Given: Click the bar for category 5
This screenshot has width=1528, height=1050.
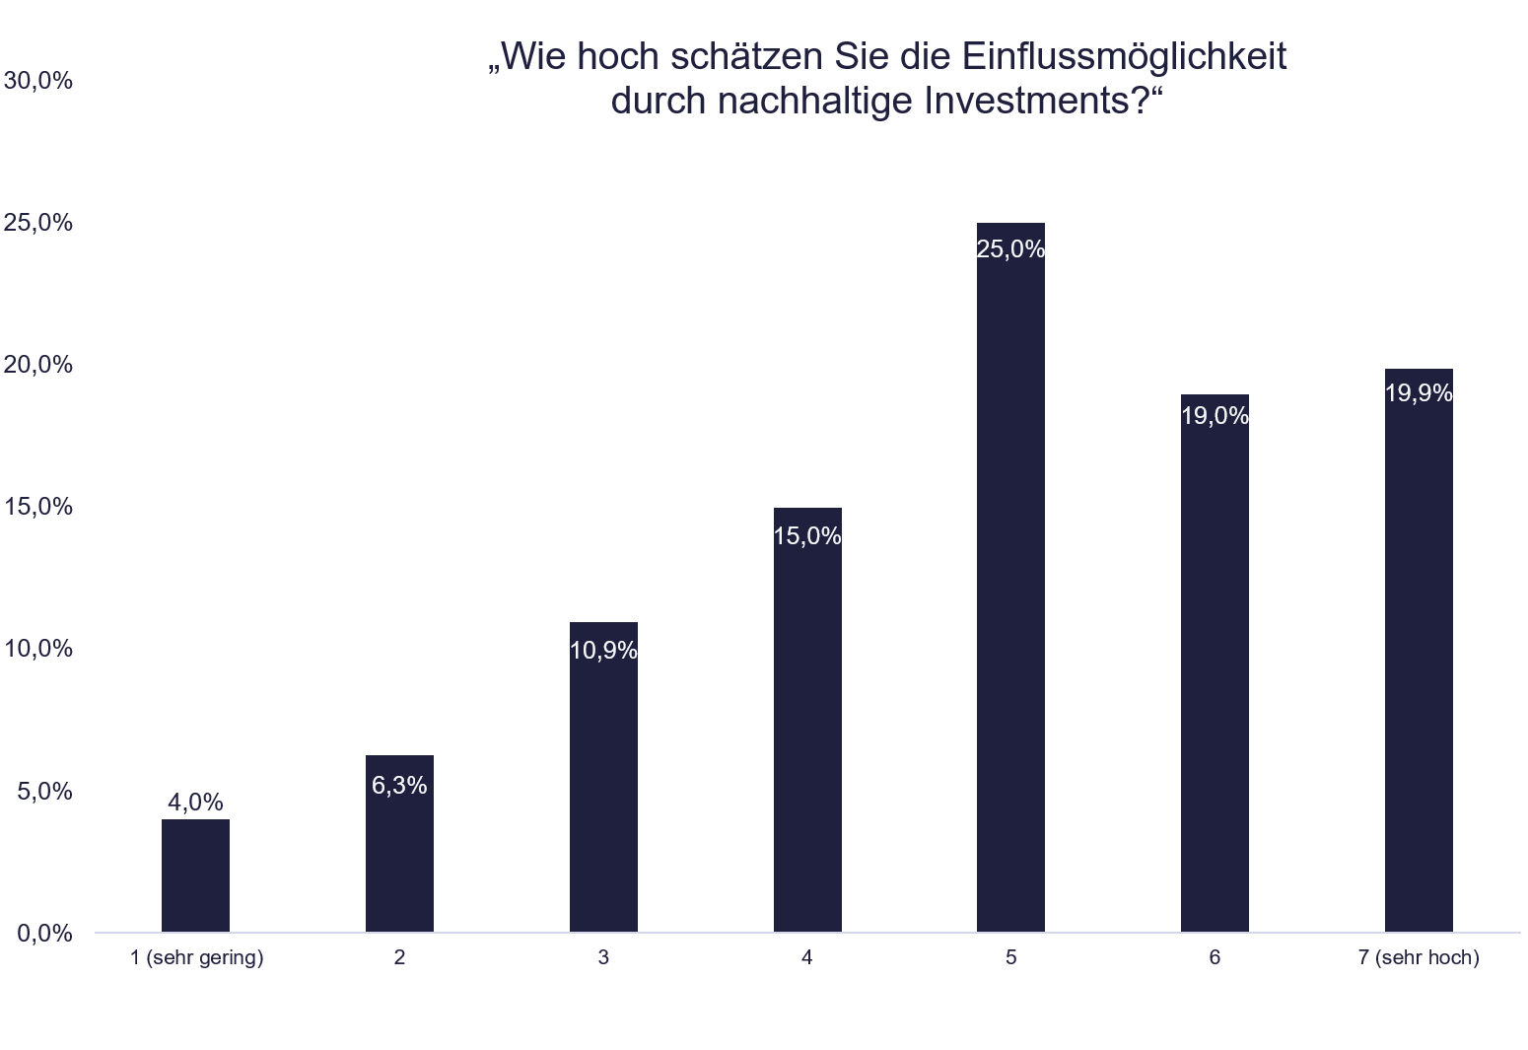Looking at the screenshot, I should click(1010, 592).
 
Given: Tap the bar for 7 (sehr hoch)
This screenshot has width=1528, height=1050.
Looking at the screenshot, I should click(1419, 661).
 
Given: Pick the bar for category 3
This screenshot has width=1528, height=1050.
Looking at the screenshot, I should click(603, 789).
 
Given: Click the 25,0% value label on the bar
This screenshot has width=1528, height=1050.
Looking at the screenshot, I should click(1010, 249).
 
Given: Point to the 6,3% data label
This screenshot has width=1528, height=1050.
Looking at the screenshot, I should click(399, 786).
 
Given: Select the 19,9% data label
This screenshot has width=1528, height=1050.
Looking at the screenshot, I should click(1419, 393).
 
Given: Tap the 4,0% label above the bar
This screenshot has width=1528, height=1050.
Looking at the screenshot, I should click(195, 803).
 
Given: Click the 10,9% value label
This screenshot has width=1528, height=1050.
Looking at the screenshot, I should click(603, 651).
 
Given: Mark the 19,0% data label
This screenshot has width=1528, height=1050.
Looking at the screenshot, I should click(1215, 416).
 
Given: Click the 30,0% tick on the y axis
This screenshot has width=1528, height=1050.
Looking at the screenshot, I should click(38, 81).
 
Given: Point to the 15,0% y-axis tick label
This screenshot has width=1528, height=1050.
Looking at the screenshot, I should click(38, 507).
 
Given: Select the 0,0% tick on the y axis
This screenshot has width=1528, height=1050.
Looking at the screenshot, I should click(44, 933).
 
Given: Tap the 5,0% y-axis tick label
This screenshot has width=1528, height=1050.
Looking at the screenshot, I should click(44, 791).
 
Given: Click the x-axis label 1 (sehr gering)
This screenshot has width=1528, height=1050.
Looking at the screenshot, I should click(197, 957).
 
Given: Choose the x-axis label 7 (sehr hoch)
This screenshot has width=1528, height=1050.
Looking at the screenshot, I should click(1419, 957).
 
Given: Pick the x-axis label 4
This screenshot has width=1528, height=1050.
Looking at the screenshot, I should click(806, 957).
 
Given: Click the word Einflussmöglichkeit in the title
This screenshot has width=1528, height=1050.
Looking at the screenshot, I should click(1125, 57).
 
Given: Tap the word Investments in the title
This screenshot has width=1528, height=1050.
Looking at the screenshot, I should click(1021, 101).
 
